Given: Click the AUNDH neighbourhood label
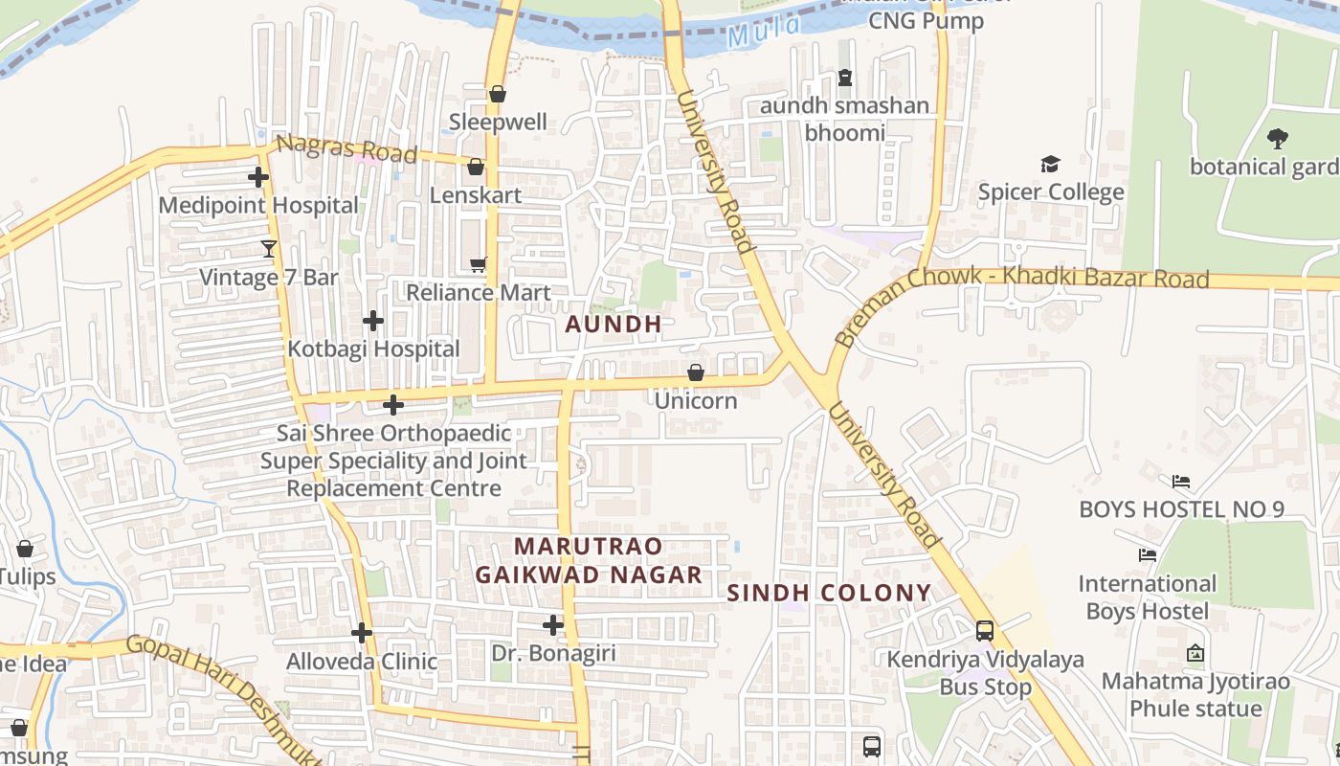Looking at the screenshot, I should click(614, 324).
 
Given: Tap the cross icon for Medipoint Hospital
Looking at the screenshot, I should click(258, 177).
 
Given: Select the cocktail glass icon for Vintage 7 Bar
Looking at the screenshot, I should click(269, 249).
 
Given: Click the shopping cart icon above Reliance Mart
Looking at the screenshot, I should click(478, 264).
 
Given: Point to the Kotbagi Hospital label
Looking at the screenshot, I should click(374, 349).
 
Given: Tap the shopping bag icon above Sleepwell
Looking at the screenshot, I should click(497, 94).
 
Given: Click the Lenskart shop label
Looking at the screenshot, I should click(476, 195).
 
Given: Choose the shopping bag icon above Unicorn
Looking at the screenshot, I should click(696, 372).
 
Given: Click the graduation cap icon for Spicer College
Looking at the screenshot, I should click(1050, 165).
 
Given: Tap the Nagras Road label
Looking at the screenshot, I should click(346, 149).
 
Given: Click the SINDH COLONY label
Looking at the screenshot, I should click(829, 593).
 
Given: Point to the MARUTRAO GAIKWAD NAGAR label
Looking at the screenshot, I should click(589, 560).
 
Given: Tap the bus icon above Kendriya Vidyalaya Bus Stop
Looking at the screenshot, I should click(984, 631).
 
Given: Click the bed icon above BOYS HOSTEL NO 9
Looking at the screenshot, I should click(1181, 481).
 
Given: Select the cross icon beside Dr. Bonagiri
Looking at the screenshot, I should click(552, 625).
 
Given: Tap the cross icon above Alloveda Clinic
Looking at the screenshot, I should click(361, 633).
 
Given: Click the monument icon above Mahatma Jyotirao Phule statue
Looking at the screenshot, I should click(1195, 654).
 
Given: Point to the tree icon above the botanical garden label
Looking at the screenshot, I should click(1277, 139).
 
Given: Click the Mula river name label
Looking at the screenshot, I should click(763, 32).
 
